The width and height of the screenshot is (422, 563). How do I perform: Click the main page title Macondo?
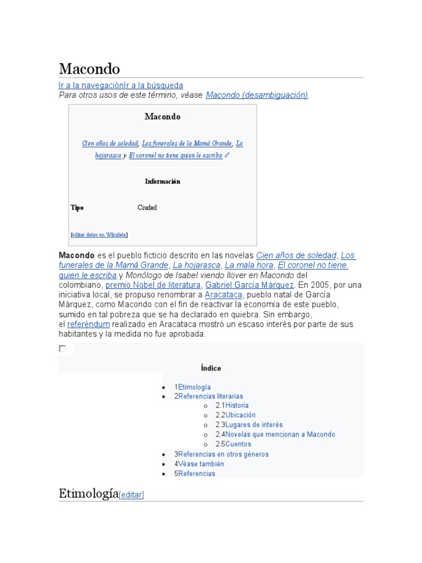tap(89, 69)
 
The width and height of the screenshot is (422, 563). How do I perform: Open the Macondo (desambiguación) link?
tap(257, 95)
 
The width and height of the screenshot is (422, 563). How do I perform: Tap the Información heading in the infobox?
tap(163, 181)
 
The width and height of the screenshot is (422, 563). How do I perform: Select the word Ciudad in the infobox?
tap(147, 208)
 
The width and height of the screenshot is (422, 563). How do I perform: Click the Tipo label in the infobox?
tap(77, 208)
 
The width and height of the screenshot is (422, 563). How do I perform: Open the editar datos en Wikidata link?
tap(99, 235)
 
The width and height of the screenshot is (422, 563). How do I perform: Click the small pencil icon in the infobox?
tap(227, 156)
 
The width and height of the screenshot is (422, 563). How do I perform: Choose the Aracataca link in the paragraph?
tap(223, 295)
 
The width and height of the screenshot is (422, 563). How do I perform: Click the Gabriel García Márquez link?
tap(250, 285)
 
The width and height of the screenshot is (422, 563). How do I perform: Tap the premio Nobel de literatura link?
tap(153, 285)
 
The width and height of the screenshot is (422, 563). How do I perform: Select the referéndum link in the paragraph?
tap(88, 324)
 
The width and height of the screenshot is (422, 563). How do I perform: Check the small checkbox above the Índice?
tap(63, 349)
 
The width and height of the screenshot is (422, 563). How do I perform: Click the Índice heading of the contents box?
tap(211, 368)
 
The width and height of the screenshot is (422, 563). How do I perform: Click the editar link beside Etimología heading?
tap(131, 495)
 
